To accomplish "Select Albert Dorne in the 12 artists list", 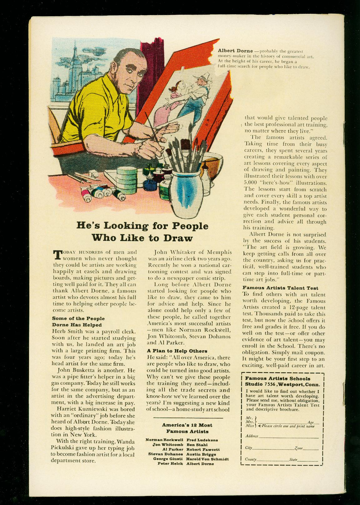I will coord(200,464).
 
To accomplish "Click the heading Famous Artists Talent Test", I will coord(280,288).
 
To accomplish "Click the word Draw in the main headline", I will coord(177,238).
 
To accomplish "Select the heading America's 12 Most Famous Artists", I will coord(187,428).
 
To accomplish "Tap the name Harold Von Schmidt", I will coord(207,459).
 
